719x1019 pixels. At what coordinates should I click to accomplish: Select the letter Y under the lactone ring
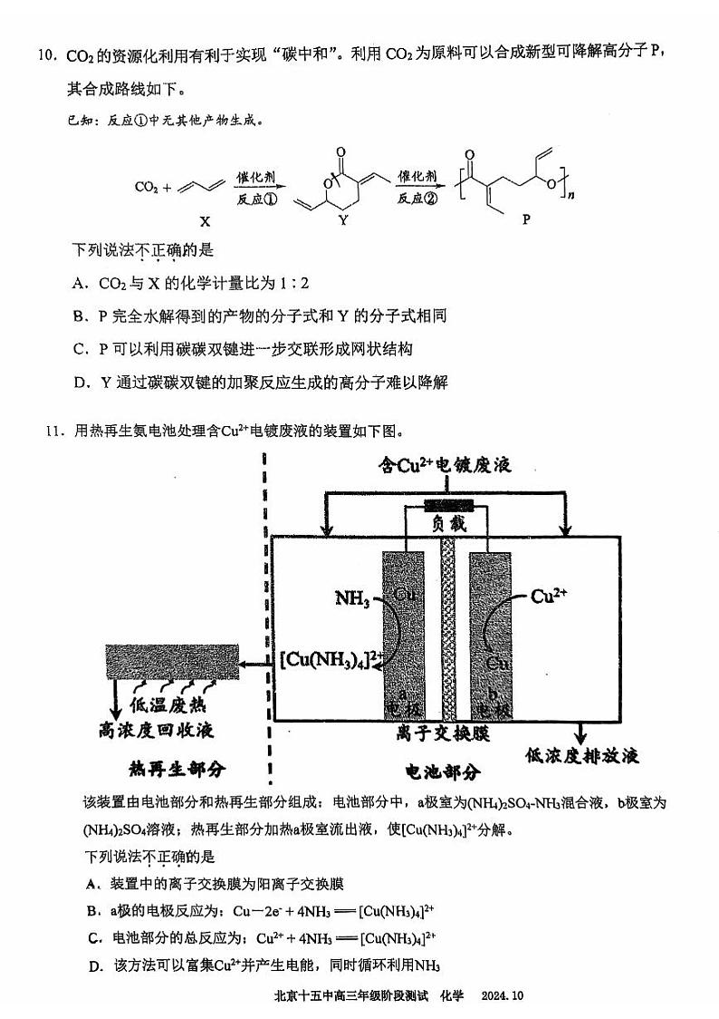pos(342,220)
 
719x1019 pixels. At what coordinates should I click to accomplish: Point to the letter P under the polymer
pos(526,220)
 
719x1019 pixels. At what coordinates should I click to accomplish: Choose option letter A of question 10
pos(79,283)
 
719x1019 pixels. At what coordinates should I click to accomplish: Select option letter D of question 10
pos(79,381)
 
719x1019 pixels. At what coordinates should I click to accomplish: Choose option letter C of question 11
pos(93,937)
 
